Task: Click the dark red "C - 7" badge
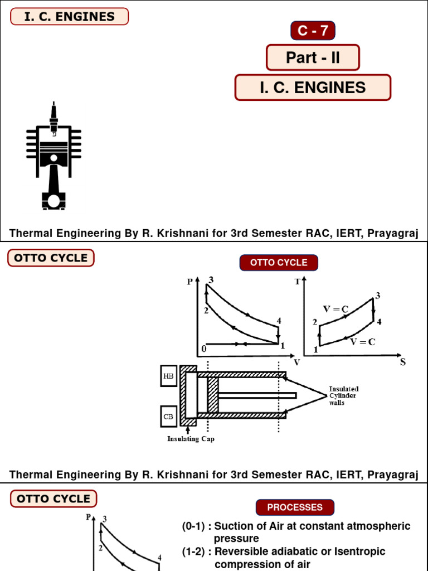pyautogui.click(x=313, y=31)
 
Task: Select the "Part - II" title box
pyautogui.click(x=313, y=57)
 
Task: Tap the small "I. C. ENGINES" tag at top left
pyautogui.click(x=70, y=17)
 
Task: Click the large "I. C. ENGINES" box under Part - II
pyautogui.click(x=313, y=88)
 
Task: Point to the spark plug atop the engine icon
pyautogui.click(x=53, y=117)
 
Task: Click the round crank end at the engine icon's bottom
pyautogui.click(x=53, y=199)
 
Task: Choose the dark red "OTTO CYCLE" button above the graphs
pyautogui.click(x=279, y=263)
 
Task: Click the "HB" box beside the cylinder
pyautogui.click(x=168, y=376)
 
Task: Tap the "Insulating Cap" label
pyautogui.click(x=191, y=439)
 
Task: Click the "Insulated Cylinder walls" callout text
pyautogui.click(x=343, y=395)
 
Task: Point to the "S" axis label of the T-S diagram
pyautogui.click(x=402, y=362)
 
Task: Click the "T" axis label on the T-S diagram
pyautogui.click(x=297, y=282)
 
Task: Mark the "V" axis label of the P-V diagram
pyautogui.click(x=296, y=362)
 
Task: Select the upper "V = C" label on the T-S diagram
pyautogui.click(x=336, y=308)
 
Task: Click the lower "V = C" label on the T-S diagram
pyautogui.click(x=362, y=342)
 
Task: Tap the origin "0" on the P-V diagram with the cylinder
pyautogui.click(x=204, y=349)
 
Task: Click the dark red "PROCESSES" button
pyautogui.click(x=295, y=507)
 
